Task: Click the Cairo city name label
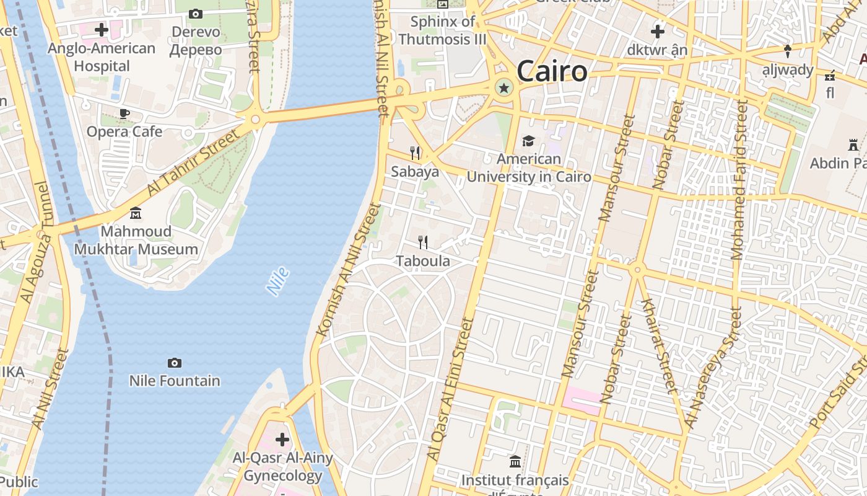(551, 71)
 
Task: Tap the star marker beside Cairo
(504, 89)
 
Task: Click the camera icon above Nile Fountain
(175, 363)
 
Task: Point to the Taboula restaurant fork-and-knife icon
(423, 242)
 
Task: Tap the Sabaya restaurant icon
(415, 153)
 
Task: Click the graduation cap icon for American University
(528, 141)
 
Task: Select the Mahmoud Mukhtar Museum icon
(136, 214)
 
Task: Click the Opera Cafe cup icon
(124, 113)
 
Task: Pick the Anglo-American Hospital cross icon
(102, 30)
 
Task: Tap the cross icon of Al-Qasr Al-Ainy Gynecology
(282, 440)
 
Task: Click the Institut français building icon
(515, 462)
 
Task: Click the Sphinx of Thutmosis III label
(443, 30)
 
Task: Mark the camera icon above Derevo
(196, 14)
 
